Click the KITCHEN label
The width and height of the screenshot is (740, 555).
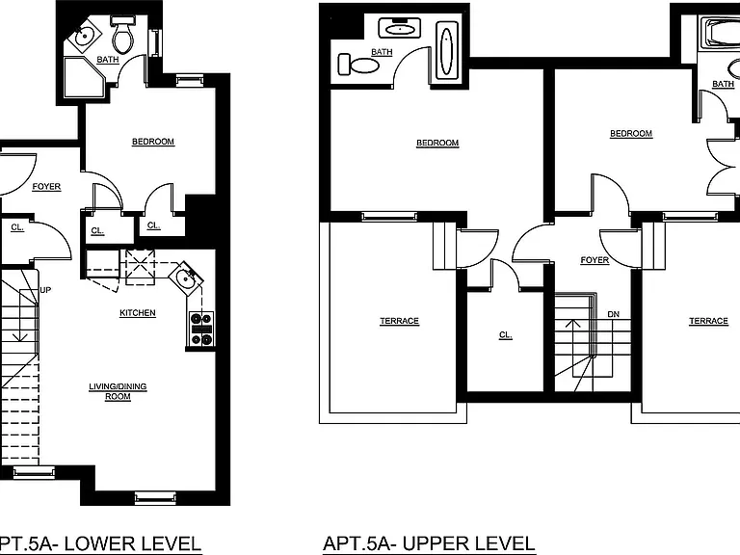(x=138, y=313)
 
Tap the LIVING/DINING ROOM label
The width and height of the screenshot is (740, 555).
(x=118, y=392)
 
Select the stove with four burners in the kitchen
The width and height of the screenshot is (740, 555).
(x=201, y=330)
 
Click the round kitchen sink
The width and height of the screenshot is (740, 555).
(x=185, y=278)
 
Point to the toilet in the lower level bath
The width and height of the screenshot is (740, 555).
(x=123, y=35)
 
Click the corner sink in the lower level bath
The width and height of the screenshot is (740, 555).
(x=85, y=35)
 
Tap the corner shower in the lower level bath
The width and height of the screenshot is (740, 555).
(x=84, y=77)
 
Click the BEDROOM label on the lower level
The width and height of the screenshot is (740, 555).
(x=153, y=142)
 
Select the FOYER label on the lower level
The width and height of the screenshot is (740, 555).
(x=46, y=187)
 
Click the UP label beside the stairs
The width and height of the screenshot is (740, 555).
(x=45, y=290)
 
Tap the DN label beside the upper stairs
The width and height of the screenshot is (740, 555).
(x=614, y=314)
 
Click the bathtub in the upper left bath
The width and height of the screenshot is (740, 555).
(x=446, y=50)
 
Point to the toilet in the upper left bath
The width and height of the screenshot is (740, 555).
(x=358, y=65)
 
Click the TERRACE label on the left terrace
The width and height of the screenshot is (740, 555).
(x=399, y=322)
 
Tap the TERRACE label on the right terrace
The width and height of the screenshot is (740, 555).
(x=708, y=322)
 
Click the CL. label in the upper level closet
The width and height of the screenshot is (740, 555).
(x=506, y=335)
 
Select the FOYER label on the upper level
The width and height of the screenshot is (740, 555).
(x=595, y=260)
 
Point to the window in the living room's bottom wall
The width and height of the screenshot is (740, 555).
(x=155, y=498)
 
